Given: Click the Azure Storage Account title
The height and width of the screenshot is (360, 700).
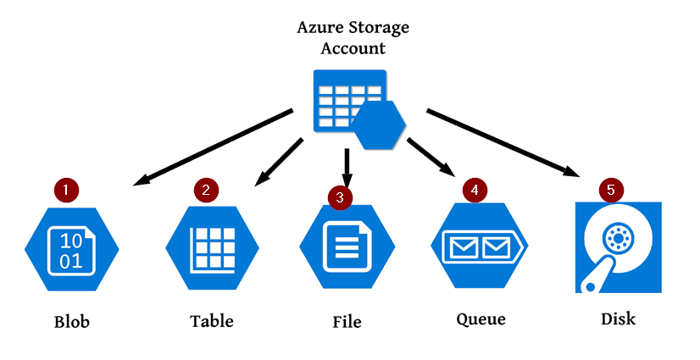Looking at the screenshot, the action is click(353, 37).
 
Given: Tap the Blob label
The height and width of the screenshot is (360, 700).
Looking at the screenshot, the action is click(72, 322).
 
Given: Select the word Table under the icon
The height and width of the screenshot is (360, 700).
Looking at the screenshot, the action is click(212, 321).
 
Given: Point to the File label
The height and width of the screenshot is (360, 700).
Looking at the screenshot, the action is click(347, 322).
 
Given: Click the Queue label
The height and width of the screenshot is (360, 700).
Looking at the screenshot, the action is click(481, 319).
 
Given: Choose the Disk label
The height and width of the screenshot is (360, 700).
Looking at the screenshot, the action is click(619, 318).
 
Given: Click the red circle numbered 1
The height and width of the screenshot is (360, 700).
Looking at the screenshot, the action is click(66, 191).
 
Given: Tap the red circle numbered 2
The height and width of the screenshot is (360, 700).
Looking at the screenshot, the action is click(206, 191).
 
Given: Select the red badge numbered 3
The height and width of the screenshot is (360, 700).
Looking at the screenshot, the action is click(340, 197).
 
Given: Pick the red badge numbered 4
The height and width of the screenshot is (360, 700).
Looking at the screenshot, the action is click(475, 190).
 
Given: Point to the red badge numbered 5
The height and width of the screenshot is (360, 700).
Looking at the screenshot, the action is click(611, 190).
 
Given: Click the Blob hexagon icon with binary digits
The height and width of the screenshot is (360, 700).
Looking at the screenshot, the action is click(72, 249).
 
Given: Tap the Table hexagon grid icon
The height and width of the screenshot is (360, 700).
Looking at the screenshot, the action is click(212, 248).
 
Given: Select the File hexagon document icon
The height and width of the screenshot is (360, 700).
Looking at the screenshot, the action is click(347, 247).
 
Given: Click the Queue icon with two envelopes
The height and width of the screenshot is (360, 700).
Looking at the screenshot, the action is click(480, 246).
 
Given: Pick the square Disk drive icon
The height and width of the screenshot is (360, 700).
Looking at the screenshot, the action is click(619, 247).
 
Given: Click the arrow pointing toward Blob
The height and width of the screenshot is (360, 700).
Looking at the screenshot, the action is click(214, 147).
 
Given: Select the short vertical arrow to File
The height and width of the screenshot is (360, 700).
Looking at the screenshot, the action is click(347, 168).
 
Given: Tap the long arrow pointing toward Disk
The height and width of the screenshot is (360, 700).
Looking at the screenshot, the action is click(504, 143).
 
